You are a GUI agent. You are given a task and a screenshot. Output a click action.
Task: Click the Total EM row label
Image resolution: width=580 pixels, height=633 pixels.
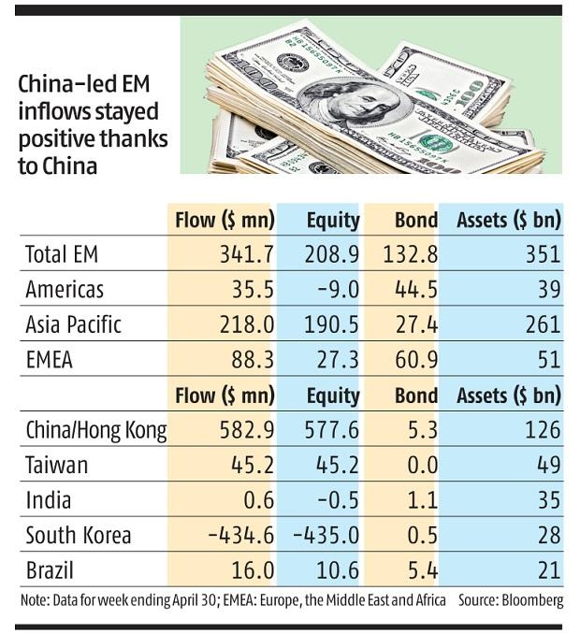click(x=62, y=254)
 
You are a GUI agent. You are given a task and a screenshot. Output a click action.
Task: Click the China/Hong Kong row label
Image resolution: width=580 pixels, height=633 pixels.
click(x=96, y=431)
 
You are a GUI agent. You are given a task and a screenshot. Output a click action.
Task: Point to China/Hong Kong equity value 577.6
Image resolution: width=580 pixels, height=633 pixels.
click(x=332, y=431)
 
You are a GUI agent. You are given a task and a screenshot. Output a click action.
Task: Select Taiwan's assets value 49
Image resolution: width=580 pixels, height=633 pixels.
click(x=548, y=466)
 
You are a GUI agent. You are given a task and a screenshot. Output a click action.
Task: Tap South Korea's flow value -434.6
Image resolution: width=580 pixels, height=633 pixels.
click(x=239, y=536)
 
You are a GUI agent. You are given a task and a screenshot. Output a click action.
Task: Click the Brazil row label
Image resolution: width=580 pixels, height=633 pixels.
click(x=51, y=570)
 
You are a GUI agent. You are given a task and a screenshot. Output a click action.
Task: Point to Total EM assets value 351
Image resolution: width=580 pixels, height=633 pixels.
click(x=543, y=254)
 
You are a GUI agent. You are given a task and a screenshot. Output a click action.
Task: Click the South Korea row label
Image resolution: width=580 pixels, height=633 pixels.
click(x=79, y=536)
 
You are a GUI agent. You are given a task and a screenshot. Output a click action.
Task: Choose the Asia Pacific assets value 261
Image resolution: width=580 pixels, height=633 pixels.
click(x=543, y=324)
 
